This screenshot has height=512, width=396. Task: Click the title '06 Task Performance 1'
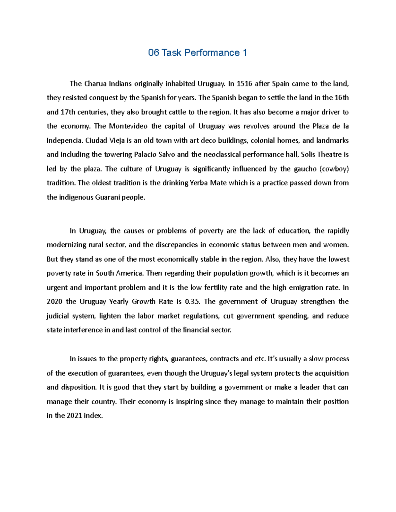(x=197, y=53)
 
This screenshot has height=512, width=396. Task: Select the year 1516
(x=245, y=84)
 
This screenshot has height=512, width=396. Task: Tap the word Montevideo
(x=128, y=126)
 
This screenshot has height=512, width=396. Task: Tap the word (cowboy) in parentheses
(x=334, y=169)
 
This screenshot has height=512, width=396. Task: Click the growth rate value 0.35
(x=193, y=302)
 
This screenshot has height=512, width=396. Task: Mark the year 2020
(x=54, y=302)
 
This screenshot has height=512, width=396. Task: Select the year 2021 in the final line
(x=74, y=416)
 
